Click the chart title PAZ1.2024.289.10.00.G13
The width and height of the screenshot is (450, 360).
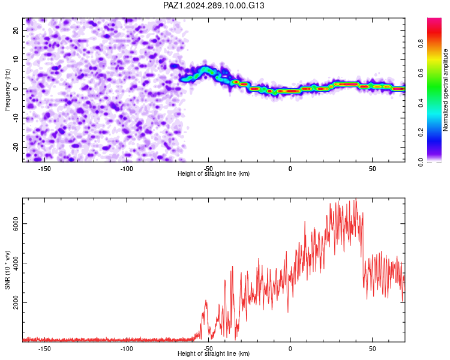[x=214, y=5]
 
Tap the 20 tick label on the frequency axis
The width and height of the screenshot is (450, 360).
[x=16, y=30]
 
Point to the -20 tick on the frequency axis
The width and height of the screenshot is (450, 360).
[x=16, y=148]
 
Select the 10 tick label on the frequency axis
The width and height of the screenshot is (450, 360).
[x=16, y=59]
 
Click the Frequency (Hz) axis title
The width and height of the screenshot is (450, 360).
[x=7, y=90]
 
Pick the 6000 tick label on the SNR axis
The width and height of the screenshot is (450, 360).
[x=16, y=223]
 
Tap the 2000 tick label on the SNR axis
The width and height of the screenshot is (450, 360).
[x=16, y=302]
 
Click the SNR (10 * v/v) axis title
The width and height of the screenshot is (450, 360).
[x=7, y=270]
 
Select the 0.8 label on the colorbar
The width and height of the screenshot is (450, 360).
[x=421, y=44]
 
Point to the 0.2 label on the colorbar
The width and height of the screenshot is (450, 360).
[x=421, y=133]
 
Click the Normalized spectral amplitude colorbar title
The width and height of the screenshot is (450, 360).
[x=445, y=90]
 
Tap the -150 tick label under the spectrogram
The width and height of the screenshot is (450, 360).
[x=44, y=169]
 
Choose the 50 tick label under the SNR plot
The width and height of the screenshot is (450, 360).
[x=372, y=349]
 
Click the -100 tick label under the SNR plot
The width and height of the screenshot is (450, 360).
[x=126, y=349]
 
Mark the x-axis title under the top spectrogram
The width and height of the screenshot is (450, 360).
[x=214, y=173]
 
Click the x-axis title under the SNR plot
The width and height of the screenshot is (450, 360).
[x=214, y=353]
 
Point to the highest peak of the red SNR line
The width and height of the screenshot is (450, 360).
[x=356, y=199]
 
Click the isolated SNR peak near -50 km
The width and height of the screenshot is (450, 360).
[x=206, y=301]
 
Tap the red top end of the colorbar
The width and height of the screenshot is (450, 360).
[x=434, y=19]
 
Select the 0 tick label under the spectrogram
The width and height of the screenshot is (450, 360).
[x=290, y=169]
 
